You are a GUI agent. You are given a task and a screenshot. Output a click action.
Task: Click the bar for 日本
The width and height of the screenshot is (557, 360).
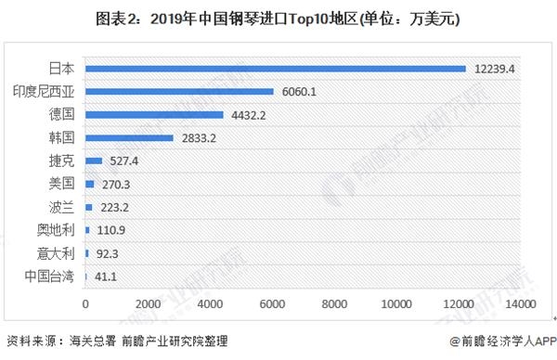click(275, 68)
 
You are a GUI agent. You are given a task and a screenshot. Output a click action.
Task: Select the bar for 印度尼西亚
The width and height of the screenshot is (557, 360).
click(179, 91)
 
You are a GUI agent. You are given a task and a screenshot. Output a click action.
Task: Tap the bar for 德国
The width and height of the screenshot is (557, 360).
click(154, 114)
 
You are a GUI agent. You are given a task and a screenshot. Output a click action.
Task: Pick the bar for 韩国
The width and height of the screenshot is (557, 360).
click(129, 137)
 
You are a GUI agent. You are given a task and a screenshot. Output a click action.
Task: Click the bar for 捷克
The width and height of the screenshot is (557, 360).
click(93, 161)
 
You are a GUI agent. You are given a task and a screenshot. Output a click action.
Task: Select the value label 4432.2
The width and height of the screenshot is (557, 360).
click(249, 114)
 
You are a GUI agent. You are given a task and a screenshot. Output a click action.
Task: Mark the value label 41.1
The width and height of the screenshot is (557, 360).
click(104, 276)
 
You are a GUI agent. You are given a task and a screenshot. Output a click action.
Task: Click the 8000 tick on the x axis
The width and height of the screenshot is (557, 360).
click(334, 303)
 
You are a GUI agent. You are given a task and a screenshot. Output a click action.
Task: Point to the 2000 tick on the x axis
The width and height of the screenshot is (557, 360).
click(148, 303)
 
